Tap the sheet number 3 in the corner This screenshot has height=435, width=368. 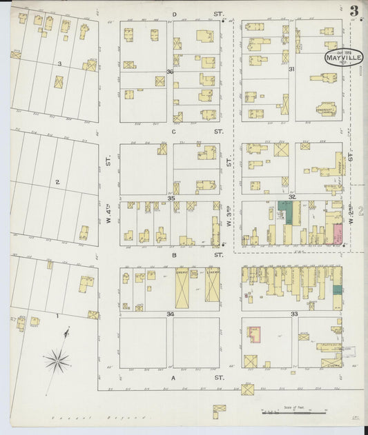(354, 10)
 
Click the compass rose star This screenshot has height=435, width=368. (57, 358)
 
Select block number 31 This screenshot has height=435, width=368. (291, 69)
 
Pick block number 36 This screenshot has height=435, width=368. (170, 72)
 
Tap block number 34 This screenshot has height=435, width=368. (170, 314)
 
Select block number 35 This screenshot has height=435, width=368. (170, 198)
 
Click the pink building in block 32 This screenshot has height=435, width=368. (338, 234)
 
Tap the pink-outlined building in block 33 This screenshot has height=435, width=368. (255, 334)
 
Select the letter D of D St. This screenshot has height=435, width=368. (175, 14)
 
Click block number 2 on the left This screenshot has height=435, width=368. (58, 182)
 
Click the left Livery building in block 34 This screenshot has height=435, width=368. (183, 285)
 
